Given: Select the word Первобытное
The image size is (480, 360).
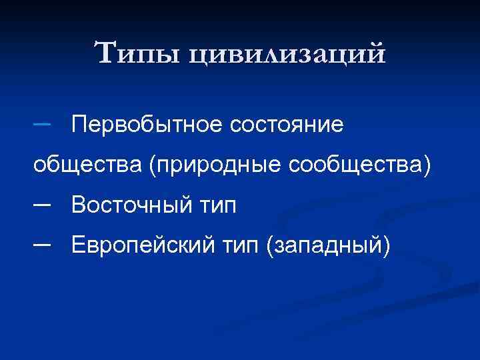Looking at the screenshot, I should coord(149,124).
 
